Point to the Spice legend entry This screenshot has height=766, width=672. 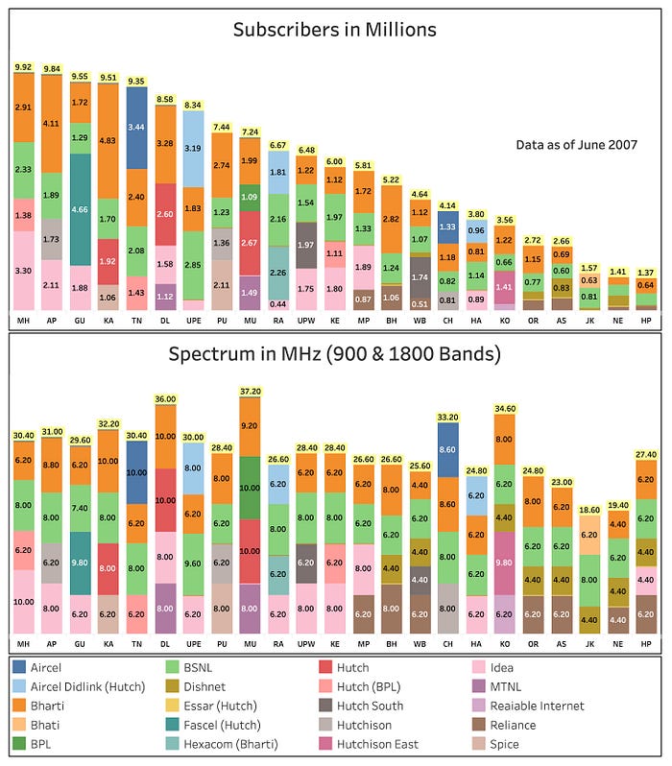(x=509, y=744)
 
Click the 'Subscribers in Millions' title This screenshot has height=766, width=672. (x=334, y=30)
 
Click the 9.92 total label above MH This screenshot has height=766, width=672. (x=24, y=68)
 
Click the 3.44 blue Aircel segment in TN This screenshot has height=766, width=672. (x=137, y=127)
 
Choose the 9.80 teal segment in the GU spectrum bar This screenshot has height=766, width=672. (x=81, y=563)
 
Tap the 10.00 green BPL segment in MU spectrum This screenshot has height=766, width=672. (x=250, y=488)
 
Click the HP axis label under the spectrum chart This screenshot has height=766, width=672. (x=645, y=642)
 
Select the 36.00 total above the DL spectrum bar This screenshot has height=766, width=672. (x=165, y=399)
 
